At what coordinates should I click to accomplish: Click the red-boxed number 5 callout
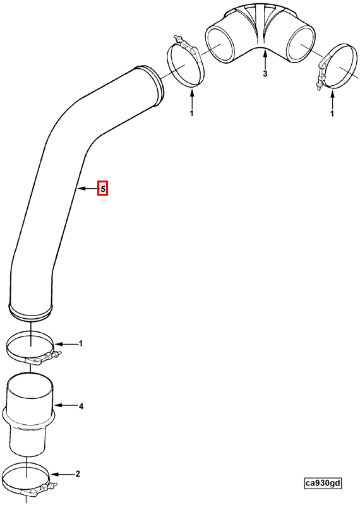coord(102,188)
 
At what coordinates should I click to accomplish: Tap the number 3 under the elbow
coord(265,74)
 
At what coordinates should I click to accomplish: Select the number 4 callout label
coord(81,407)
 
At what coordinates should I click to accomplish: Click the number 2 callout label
coord(78,474)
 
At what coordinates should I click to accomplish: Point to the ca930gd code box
coord(323,483)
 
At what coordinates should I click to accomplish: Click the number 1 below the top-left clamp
coord(192,114)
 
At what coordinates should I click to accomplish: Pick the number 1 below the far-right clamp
coord(332,114)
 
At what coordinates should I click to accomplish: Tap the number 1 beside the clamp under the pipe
coord(81,343)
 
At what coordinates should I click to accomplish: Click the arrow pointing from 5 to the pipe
coord(88,188)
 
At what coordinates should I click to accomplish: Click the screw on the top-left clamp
coord(178,39)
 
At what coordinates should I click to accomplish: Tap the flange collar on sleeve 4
coord(30,418)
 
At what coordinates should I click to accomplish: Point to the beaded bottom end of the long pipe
coord(30,312)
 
